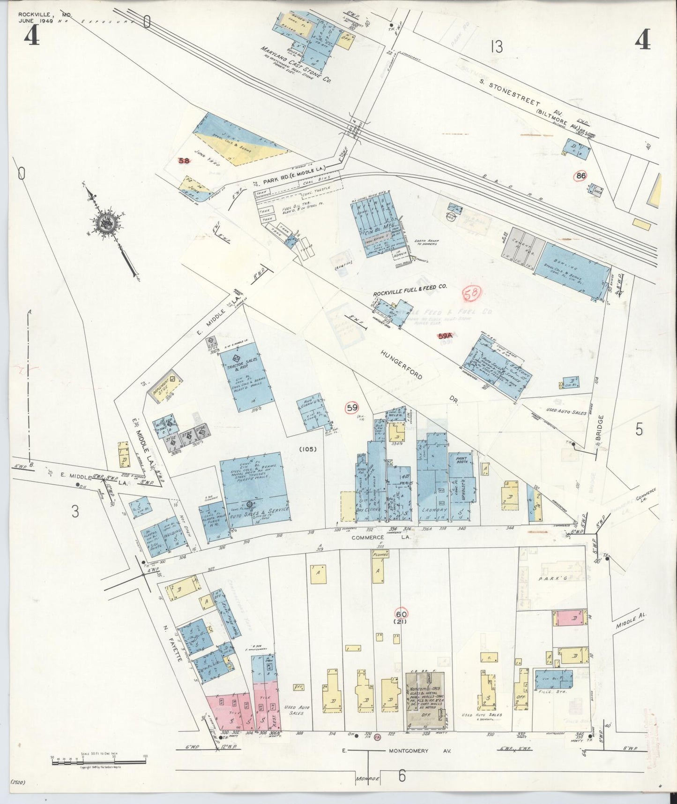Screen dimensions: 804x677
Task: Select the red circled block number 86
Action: click(581, 176)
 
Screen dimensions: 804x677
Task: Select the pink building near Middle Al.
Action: click(569, 618)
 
